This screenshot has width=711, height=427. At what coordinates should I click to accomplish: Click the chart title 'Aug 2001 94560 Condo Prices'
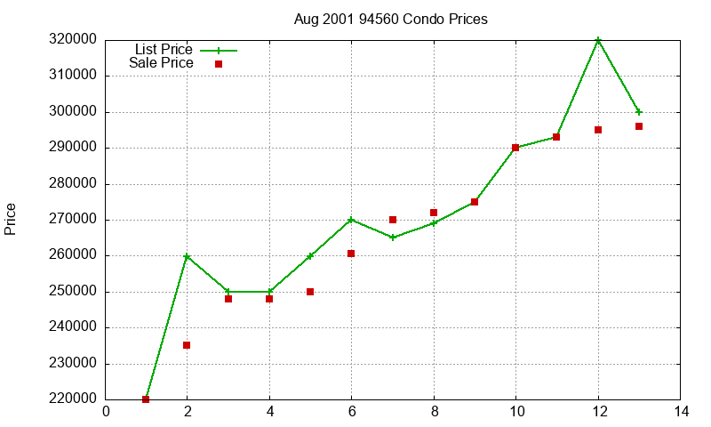point(390,19)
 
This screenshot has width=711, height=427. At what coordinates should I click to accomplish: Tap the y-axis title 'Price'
point(11,219)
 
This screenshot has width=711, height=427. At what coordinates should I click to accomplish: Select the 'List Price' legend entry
point(164,50)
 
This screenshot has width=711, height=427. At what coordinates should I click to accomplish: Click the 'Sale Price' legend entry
point(161,63)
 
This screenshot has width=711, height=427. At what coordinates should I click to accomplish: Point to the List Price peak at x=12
point(598,40)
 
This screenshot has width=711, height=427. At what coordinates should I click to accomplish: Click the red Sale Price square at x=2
point(187,345)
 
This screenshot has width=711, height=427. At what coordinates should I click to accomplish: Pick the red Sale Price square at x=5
point(310,292)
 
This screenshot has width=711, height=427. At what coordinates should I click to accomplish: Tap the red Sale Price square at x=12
point(598,130)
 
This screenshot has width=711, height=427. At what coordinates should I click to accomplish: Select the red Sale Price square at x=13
point(639,126)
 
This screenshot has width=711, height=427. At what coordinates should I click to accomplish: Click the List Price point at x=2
point(187,256)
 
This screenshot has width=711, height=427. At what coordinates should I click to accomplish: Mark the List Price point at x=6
point(351,220)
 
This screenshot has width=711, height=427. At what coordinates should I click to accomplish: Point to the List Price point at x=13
point(639,112)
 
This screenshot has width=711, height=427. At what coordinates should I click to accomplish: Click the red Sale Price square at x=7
point(393,220)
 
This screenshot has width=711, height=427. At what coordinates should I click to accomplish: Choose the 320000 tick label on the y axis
point(74,40)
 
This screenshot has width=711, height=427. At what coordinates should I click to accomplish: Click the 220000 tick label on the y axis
point(74,399)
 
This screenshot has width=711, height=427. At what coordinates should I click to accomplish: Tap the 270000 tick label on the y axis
point(74,220)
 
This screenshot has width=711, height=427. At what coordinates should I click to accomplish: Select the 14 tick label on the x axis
point(681,412)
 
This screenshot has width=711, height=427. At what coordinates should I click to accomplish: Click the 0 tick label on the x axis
point(106,412)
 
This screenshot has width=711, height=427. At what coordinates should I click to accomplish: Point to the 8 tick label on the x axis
point(434,412)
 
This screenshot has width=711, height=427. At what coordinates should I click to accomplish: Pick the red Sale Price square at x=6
point(351,254)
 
